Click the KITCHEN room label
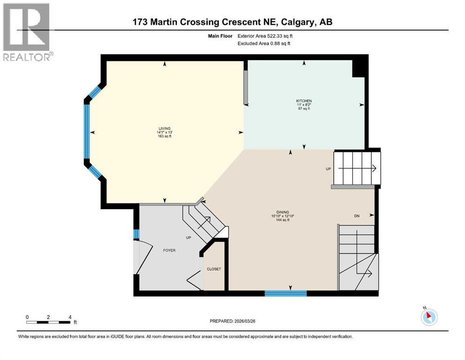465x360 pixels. pos(303,101)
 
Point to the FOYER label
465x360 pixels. pos(169,250)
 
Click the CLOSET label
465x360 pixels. pos(214,269)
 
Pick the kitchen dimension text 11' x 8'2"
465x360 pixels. pos(303,105)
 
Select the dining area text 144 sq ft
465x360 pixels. pos(281,220)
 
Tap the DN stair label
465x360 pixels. pos(356,216)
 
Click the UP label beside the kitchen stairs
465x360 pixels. pos(329,168)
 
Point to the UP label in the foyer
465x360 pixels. pos(189,238)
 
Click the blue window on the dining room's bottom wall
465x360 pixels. pos(285,293)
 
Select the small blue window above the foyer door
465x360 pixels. pos(136,233)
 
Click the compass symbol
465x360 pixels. pos(428,317)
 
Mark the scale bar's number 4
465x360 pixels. pos(70,317)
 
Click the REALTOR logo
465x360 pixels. pos(28,32)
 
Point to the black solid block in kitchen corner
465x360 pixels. pos(358,69)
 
